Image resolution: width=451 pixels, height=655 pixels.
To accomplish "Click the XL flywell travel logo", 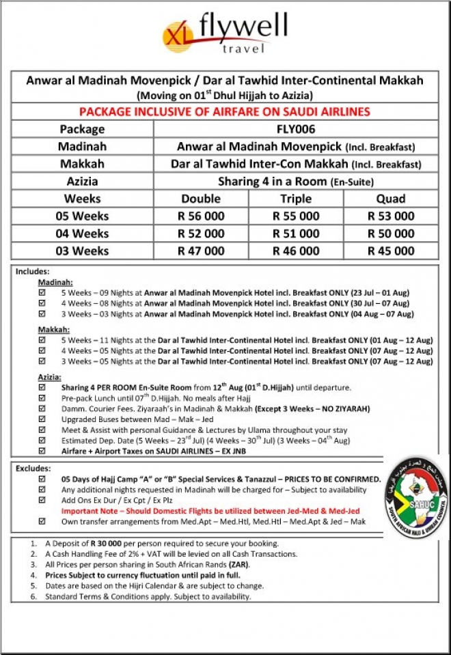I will coord(225,33).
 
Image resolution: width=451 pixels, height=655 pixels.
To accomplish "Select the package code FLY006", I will coord(296,129).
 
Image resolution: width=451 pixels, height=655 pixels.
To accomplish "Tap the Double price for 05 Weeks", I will coord(201,216).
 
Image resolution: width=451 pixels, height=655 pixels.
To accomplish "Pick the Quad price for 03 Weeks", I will coord(391,251).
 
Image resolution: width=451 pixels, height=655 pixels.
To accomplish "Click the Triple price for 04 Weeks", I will coord(296,234).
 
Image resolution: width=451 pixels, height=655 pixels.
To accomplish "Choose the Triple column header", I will coord(296,199).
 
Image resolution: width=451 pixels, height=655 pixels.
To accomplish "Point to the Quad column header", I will coord(391,199).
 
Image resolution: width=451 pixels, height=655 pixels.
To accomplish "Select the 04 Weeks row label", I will coord(82,234).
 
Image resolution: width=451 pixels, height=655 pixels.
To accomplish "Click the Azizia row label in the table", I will coord(82,182).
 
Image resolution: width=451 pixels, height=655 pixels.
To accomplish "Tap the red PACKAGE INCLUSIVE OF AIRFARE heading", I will coord(225,111).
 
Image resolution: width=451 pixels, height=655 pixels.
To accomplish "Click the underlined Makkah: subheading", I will coord(54,330).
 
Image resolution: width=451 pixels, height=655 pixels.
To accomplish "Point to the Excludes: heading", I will coord(33,469).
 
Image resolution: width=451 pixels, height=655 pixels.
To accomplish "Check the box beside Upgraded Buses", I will coord(42,419).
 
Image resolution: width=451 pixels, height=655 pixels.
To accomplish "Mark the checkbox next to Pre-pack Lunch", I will coord(42,398).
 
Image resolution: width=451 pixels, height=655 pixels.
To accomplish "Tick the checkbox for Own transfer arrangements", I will coord(42,521).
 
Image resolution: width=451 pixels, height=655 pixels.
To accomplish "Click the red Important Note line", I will coord(210,511).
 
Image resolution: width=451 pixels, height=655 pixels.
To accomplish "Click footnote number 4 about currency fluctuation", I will coord(33,575).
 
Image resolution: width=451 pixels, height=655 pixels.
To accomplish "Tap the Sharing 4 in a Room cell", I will coord(296,182).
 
